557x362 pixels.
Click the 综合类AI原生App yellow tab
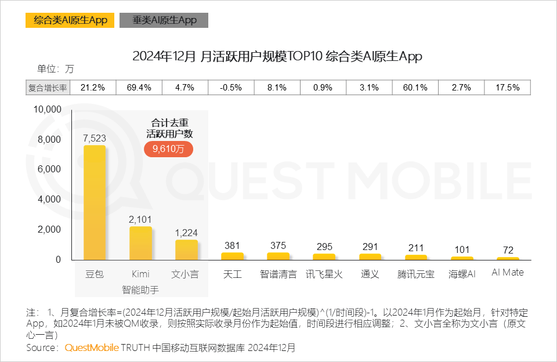(70, 20)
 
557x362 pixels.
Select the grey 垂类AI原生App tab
(164, 20)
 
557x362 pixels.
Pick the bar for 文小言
(186, 249)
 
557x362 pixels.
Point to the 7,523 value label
(94, 138)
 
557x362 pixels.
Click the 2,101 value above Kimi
(140, 219)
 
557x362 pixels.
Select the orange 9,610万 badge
(168, 149)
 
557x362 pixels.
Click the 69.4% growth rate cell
(139, 88)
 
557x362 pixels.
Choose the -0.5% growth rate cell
(232, 88)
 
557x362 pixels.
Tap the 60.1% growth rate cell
(415, 88)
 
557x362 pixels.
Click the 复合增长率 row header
(48, 88)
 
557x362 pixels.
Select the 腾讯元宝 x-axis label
(415, 274)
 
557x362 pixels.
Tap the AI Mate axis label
(507, 273)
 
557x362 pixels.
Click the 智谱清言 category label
(277, 274)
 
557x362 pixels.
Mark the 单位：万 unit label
(56, 68)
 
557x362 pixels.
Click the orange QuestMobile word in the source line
(91, 348)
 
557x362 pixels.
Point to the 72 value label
(508, 250)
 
